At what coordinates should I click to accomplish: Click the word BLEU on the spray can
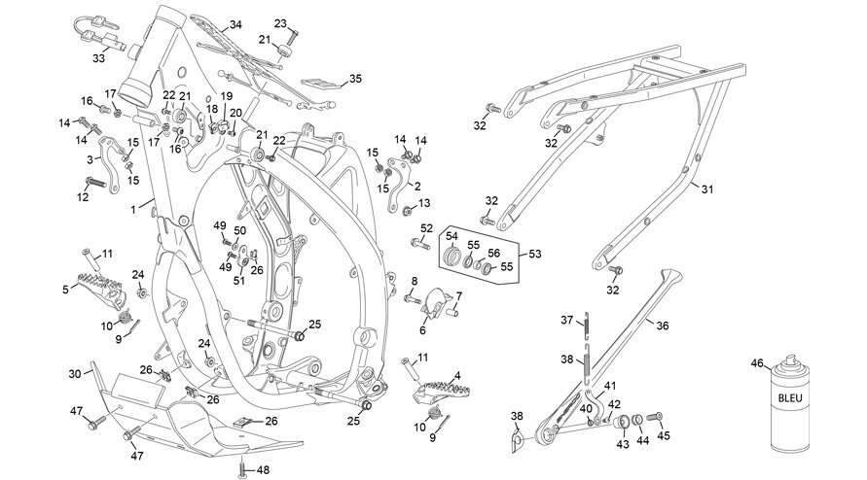789,397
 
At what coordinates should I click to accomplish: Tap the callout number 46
757,363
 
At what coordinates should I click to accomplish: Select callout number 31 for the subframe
707,189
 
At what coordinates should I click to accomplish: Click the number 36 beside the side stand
662,326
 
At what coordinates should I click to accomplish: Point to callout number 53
534,254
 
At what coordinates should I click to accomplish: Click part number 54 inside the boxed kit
452,236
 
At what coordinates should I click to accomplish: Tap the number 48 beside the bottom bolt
263,470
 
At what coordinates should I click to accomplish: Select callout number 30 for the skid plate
75,374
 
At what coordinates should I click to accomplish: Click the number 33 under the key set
98,57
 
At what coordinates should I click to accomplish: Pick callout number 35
355,79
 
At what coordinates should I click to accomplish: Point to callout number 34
235,25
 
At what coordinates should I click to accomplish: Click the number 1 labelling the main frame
133,209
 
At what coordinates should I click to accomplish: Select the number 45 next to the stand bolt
664,436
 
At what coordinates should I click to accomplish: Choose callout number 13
424,203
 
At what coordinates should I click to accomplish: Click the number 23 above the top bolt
280,23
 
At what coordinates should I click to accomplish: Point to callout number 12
83,197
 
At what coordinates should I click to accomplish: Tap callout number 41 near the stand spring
609,386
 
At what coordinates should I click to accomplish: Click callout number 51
238,281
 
